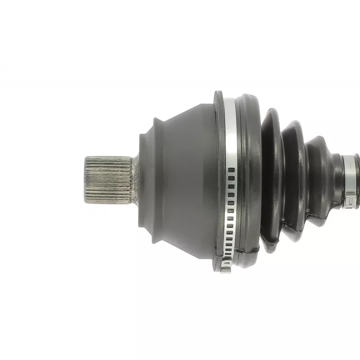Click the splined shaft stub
pyautogui.click(x=108, y=178)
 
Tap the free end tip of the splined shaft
pyautogui.click(x=85, y=179)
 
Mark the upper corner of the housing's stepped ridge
pyautogui.click(x=155, y=120)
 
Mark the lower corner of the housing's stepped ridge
pyautogui.click(x=155, y=241)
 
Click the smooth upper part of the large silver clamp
pyautogui.click(x=230, y=130)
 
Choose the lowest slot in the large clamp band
pyautogui.click(x=228, y=261)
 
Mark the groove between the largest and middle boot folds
pyautogui.click(x=283, y=180)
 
